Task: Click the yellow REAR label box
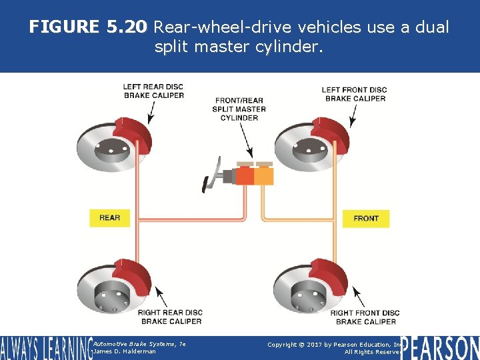[x=109, y=218]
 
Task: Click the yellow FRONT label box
[x=365, y=218]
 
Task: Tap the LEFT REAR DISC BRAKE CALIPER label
[x=153, y=91]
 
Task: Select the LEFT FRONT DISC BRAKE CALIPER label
[x=354, y=94]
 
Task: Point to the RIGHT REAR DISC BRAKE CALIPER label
[x=170, y=317]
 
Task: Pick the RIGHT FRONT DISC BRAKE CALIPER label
[x=365, y=317]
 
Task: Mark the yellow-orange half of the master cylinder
[x=264, y=175]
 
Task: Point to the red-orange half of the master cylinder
[x=245, y=175]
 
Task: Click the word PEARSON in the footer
[x=440, y=348]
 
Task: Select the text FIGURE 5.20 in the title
[x=89, y=27]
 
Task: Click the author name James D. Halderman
[x=125, y=351]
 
